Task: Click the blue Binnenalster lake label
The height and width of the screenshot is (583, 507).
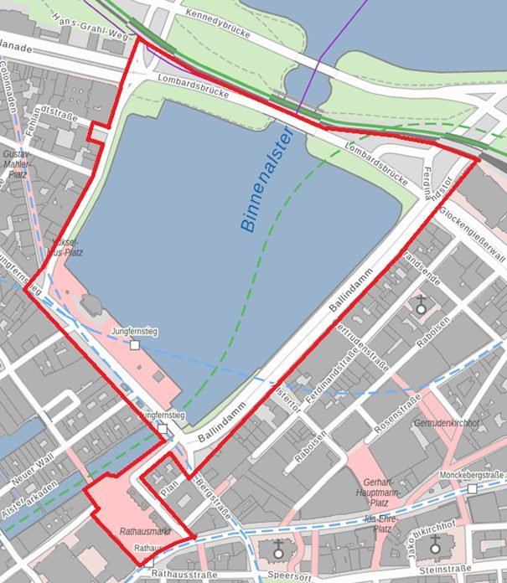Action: pos(266,179)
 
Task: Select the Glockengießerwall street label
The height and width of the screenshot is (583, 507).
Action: pos(472,234)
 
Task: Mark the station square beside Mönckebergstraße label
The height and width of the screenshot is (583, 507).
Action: pos(473,488)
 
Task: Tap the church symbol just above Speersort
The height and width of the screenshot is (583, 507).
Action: pos(279,550)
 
